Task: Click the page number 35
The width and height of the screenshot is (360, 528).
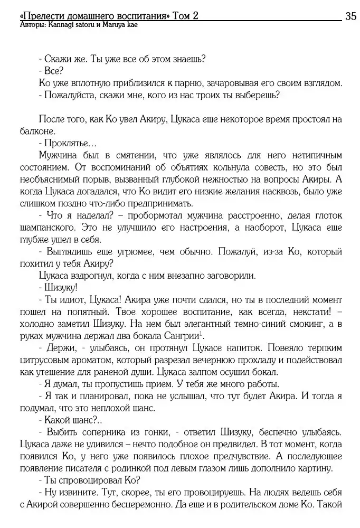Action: (x=351, y=16)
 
